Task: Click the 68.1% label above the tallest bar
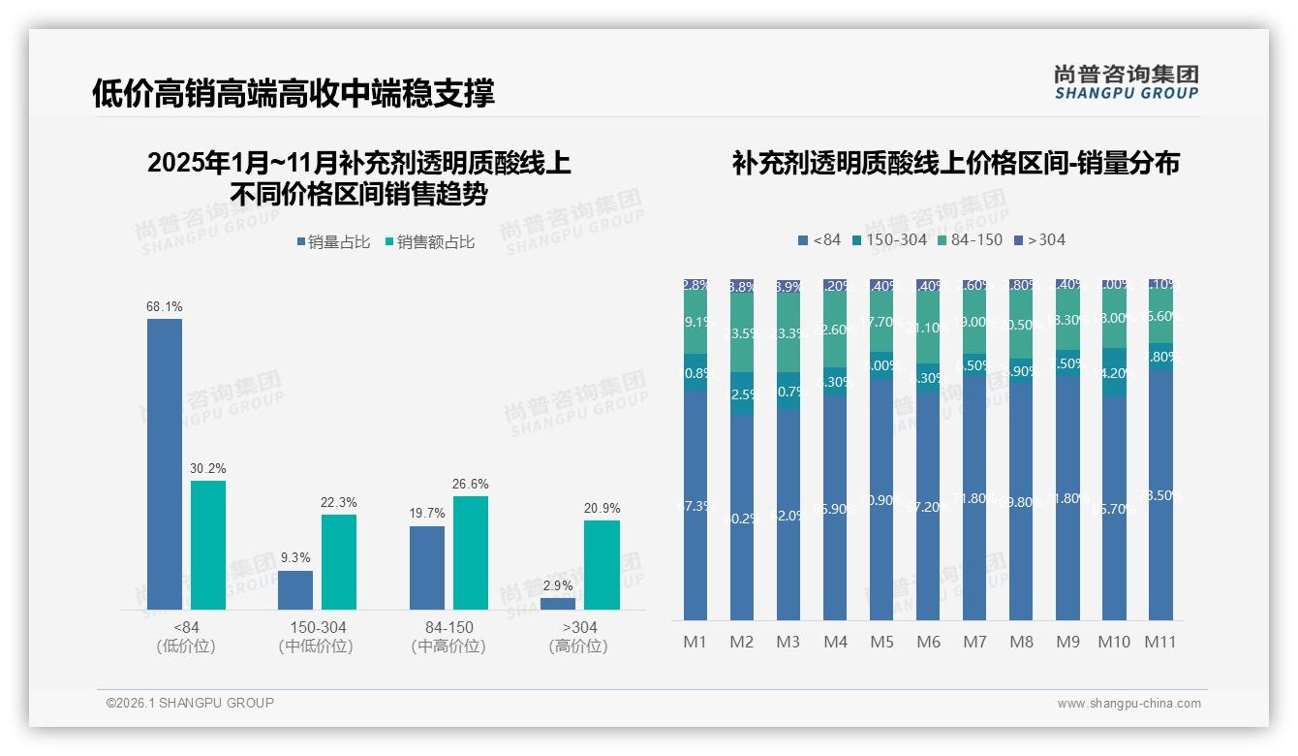165,306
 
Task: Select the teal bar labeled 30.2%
208,545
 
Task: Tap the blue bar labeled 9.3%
295,590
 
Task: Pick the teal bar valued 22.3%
339,562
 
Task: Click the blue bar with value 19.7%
427,568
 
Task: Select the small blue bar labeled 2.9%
558,604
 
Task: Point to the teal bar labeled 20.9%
602,565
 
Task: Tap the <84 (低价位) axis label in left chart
186,637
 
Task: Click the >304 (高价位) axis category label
578,637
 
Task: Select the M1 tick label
695,642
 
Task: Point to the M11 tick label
1159,642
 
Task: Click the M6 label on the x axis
928,642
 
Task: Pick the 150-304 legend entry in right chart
888,239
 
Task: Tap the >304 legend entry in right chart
1039,239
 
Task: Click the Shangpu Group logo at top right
1126,82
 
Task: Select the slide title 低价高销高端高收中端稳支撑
293,93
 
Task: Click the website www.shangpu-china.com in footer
1128,704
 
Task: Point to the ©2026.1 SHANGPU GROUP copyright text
190,703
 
